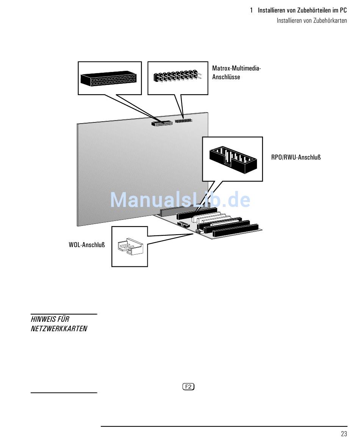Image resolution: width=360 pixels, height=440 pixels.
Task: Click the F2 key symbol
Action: pos(188,387)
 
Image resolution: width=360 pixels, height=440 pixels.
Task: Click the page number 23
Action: pos(344,434)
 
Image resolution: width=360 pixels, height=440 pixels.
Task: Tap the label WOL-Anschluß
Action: pos(87,244)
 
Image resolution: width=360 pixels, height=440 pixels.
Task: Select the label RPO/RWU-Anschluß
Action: pos(296,157)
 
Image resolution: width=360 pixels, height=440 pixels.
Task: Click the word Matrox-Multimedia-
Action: pos(236,68)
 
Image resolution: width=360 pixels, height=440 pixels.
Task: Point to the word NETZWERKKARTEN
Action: pos(59,329)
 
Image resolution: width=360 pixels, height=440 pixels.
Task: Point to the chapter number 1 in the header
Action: pos(251,11)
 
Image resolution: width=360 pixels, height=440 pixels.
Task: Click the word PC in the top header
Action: pos(343,11)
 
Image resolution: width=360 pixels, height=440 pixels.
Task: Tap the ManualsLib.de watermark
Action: pos(180,200)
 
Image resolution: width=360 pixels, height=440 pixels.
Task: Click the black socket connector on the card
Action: pos(161,124)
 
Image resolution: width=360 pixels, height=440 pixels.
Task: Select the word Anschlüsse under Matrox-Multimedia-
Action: pos(226,77)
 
